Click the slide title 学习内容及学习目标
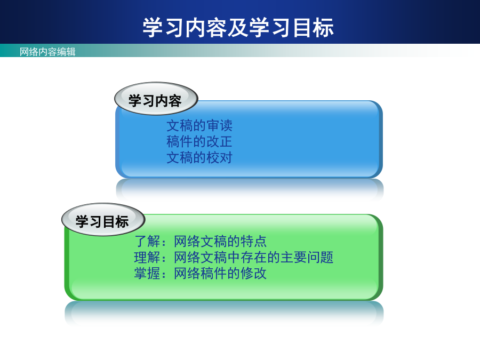(x=238, y=28)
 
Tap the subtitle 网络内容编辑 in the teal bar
(x=47, y=52)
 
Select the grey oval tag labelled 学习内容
(x=156, y=99)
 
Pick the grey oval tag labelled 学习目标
(x=103, y=219)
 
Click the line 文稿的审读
(x=199, y=125)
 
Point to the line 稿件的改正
(x=199, y=141)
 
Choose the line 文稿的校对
(x=199, y=157)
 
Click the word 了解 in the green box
(x=147, y=241)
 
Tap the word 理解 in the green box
(x=147, y=257)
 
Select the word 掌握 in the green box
(x=147, y=273)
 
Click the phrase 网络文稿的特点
(x=220, y=241)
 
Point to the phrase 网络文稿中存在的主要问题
(x=253, y=257)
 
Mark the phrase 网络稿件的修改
(x=220, y=273)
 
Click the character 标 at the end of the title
(x=323, y=28)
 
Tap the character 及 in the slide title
(x=238, y=28)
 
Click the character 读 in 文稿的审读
(x=226, y=125)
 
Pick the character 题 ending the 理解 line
(x=326, y=257)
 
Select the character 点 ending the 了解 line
(x=260, y=241)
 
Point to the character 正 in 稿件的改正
(x=226, y=141)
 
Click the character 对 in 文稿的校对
(x=226, y=157)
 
